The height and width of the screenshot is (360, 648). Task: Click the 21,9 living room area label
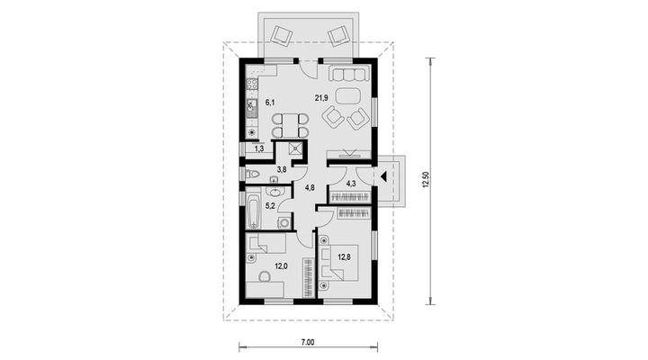coord(321,98)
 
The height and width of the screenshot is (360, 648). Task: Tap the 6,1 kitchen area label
coord(270,102)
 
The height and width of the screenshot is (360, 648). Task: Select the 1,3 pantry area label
coord(259,148)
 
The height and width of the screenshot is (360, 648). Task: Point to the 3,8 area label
coord(282,169)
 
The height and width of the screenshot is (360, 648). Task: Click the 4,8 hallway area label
coord(310,188)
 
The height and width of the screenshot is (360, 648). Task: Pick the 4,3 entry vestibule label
coord(351,184)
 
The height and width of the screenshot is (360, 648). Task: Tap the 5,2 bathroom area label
coord(270,205)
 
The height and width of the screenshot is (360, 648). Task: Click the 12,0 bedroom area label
coord(281,266)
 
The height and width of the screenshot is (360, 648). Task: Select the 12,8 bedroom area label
coord(344,257)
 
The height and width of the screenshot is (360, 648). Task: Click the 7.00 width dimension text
coord(308,342)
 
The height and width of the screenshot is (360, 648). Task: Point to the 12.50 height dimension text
coord(427,180)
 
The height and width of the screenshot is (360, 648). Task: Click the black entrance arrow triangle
coord(383,176)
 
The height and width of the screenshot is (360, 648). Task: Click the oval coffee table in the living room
coord(348,96)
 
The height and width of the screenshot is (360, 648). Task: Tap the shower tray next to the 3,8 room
coord(296,148)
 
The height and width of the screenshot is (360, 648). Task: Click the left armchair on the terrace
coord(282,35)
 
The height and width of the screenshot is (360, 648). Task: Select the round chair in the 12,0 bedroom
coord(264,276)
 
